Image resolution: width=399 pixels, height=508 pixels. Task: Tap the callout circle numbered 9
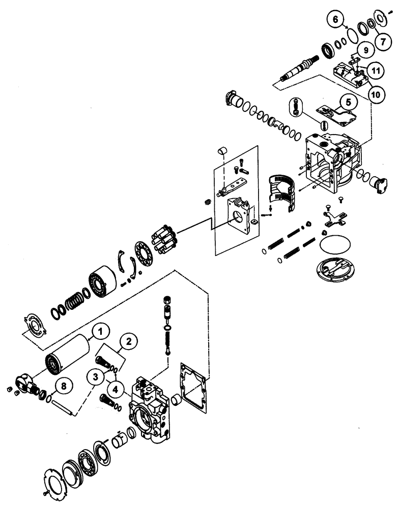coord(364,49)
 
